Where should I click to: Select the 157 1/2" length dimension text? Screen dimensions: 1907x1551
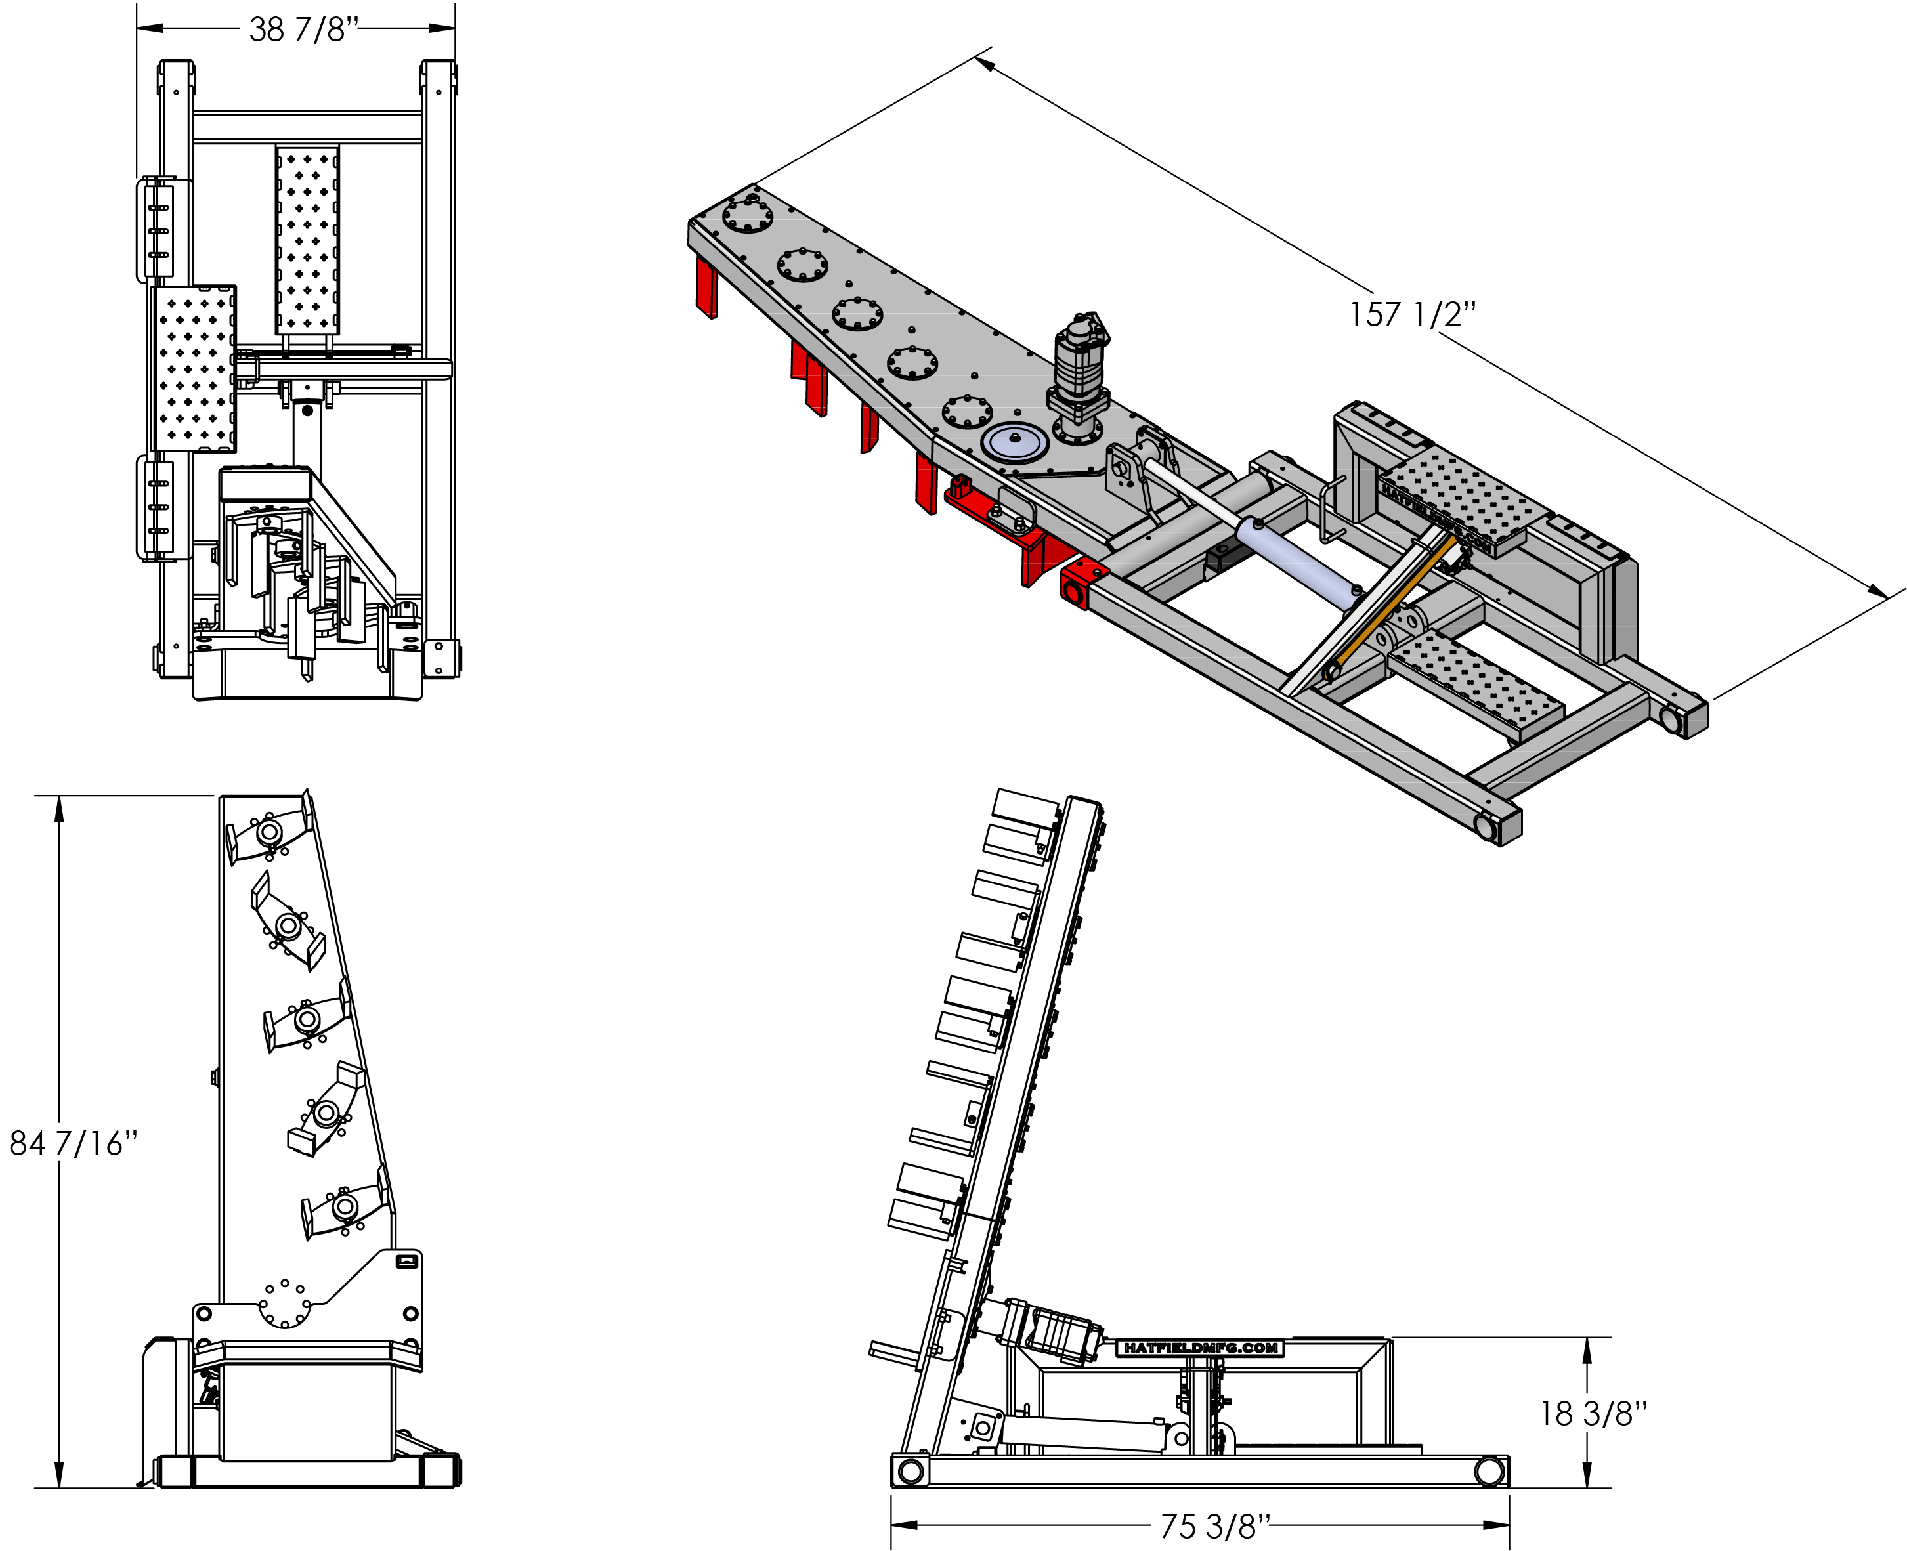click(x=1412, y=314)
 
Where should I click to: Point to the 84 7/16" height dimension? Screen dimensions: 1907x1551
click(x=74, y=1143)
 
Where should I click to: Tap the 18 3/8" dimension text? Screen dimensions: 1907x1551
click(x=1593, y=1413)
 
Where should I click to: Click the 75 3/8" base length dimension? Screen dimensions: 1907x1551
click(x=1214, y=1526)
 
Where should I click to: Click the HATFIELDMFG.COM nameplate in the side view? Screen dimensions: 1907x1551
click(x=1200, y=1348)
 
